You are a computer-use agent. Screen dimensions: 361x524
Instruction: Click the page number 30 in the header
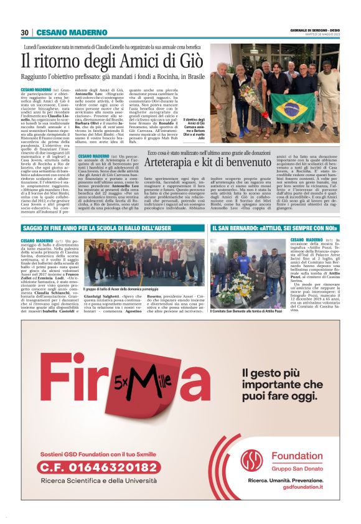click(24, 32)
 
